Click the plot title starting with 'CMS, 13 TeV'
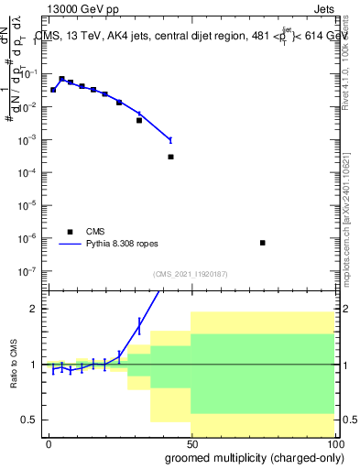(x=192, y=36)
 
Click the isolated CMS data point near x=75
(x=262, y=243)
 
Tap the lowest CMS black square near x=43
(x=170, y=157)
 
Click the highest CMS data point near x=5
(x=61, y=79)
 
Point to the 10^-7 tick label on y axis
(x=30, y=271)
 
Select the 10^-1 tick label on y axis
(x=30, y=74)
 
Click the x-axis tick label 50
(x=191, y=443)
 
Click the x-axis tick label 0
(x=49, y=443)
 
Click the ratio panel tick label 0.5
(x=31, y=420)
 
